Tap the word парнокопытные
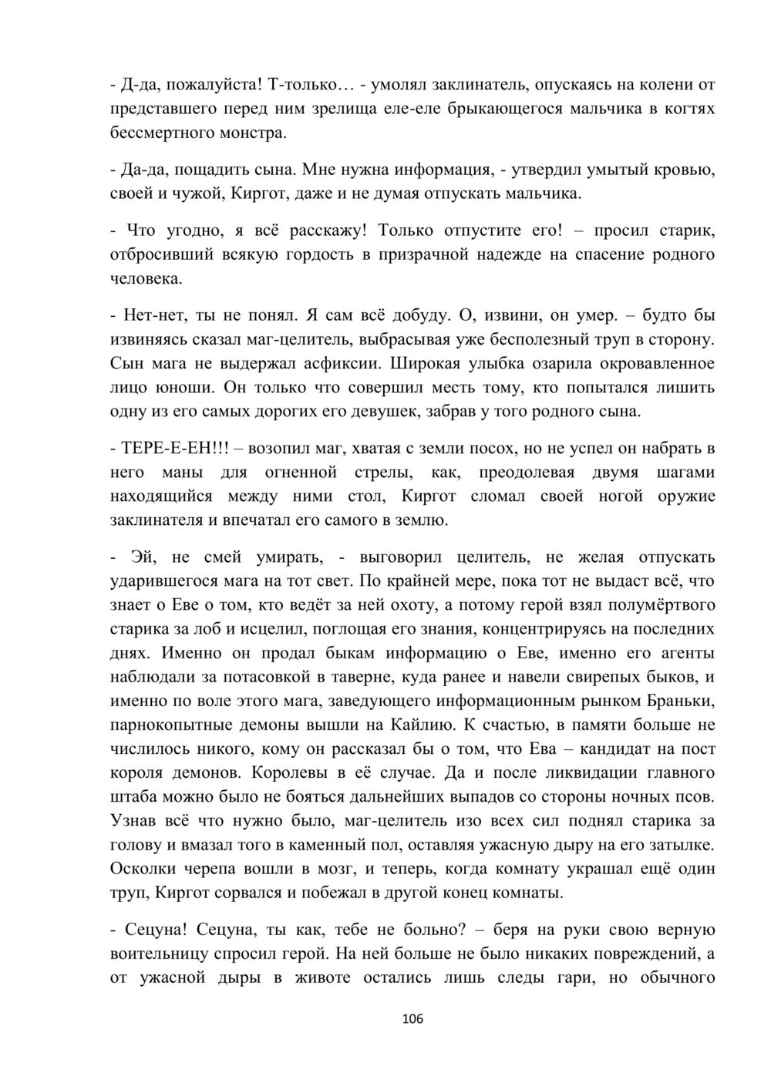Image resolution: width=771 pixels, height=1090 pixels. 168,724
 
